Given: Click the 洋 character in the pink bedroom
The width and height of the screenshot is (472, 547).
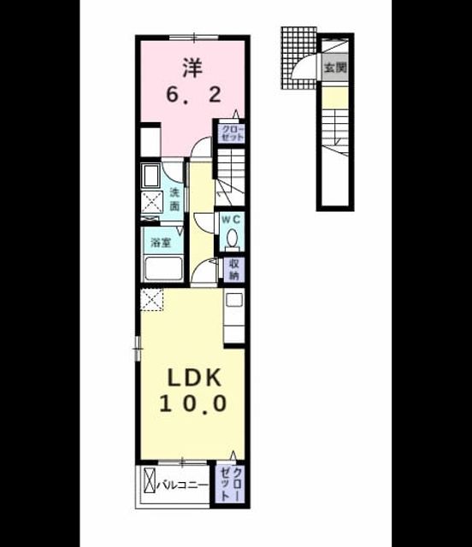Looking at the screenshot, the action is click(192, 68).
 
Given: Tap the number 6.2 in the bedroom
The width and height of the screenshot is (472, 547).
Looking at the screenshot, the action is click(194, 94).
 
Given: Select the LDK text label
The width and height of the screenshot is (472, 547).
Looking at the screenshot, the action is click(194, 378).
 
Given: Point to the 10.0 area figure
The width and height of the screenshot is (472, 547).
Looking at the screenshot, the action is click(193, 403).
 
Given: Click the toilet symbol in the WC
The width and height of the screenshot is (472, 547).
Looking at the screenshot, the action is click(232, 240).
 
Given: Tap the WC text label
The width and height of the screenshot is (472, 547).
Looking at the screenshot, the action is click(231, 220).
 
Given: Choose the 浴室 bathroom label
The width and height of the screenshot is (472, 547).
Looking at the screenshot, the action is click(162, 242).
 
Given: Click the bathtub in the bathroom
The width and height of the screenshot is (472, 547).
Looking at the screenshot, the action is click(163, 269).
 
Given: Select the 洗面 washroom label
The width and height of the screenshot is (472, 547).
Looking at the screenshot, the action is click(174, 199).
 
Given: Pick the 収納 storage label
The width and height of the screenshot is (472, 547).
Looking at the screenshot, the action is click(233, 270).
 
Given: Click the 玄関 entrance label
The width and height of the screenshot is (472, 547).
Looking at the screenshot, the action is click(335, 67).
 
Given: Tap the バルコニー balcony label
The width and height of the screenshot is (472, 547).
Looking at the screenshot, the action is click(182, 485).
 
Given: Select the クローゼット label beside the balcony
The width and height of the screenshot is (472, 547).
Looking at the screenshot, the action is click(231, 485).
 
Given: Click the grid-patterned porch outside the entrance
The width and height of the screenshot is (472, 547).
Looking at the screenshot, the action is click(298, 57).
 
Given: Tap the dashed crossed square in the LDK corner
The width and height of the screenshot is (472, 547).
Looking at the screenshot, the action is click(151, 300).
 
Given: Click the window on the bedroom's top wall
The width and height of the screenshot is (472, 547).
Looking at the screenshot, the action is click(194, 37).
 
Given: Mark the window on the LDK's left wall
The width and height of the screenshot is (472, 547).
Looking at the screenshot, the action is click(138, 348).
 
